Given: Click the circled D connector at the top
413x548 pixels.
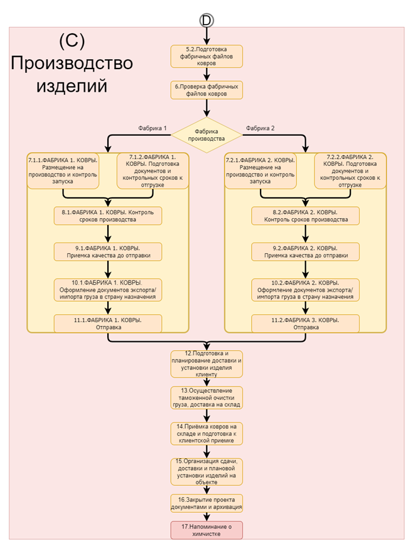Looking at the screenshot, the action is (206, 21).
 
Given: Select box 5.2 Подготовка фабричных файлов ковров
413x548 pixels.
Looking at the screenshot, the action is (206, 57).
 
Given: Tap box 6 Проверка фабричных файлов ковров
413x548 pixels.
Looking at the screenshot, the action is (206, 90).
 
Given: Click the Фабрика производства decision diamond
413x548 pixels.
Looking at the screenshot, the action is (206, 135).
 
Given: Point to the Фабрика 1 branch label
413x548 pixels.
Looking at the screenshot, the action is (153, 128).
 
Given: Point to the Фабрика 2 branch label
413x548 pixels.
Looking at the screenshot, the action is (260, 128).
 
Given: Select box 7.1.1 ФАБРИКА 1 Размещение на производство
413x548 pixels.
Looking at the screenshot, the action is (63, 171).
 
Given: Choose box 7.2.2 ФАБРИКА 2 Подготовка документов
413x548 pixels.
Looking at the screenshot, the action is (350, 171).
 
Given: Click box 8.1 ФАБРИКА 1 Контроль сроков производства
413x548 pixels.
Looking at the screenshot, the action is (108, 216).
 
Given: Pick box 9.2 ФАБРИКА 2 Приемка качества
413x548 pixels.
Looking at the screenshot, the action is (306, 252).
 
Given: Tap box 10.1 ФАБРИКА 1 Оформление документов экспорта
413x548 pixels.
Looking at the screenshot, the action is (108, 290).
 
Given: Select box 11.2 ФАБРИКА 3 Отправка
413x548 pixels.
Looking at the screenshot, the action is (306, 324).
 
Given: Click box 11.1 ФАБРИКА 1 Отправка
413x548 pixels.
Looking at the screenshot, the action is (108, 324).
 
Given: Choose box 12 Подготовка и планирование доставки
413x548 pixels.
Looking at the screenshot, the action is (206, 364).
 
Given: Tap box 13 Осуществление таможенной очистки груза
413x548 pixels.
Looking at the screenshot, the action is (206, 398).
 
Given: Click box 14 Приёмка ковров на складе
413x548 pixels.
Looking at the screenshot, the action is (206, 434).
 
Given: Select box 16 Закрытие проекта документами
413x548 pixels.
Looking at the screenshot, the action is (206, 503).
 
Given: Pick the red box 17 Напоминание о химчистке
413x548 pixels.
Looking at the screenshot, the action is (206, 530).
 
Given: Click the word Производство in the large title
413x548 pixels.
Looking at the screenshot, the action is (72, 63).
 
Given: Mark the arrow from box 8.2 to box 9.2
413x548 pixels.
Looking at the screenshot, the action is (306, 234).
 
